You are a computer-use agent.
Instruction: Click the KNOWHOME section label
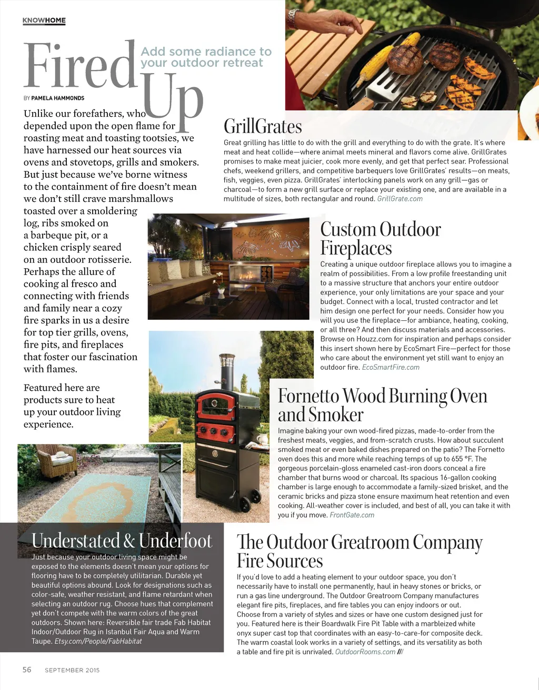[x=44, y=21]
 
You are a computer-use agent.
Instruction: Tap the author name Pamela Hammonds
[x=58, y=98]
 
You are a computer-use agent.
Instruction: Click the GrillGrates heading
[x=263, y=127]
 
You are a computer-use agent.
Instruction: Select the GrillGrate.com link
[x=400, y=199]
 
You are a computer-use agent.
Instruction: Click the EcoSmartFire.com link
[x=391, y=367]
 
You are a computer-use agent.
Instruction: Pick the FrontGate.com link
[x=352, y=515]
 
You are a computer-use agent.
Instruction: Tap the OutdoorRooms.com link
[x=365, y=652]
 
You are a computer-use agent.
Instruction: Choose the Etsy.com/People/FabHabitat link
[x=98, y=641]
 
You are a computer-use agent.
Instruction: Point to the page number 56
[x=27, y=669]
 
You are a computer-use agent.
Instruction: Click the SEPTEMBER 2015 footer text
[x=72, y=670]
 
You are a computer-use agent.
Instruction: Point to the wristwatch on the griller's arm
[x=293, y=19]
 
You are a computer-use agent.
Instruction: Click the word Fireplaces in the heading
[x=356, y=248]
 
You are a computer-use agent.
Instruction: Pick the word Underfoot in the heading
[x=175, y=541]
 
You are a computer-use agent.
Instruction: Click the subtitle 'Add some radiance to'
[x=206, y=52]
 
